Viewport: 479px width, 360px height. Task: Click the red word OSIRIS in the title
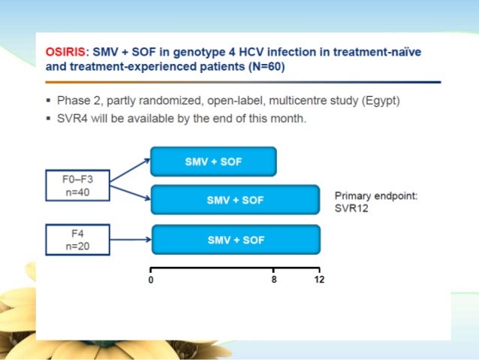(x=65, y=52)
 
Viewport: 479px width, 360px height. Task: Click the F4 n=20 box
(x=76, y=240)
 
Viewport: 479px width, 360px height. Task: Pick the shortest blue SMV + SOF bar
(x=213, y=162)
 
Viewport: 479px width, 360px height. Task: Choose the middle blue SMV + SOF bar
(x=235, y=200)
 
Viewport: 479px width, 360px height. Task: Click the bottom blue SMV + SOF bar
(x=236, y=240)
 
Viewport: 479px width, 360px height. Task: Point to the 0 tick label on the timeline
(x=151, y=280)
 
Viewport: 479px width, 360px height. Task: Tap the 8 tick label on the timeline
(x=274, y=280)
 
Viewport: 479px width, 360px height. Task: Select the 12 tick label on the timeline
(x=320, y=280)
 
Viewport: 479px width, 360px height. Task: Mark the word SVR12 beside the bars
(x=351, y=207)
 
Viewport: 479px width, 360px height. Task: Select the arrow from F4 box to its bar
(x=131, y=241)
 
